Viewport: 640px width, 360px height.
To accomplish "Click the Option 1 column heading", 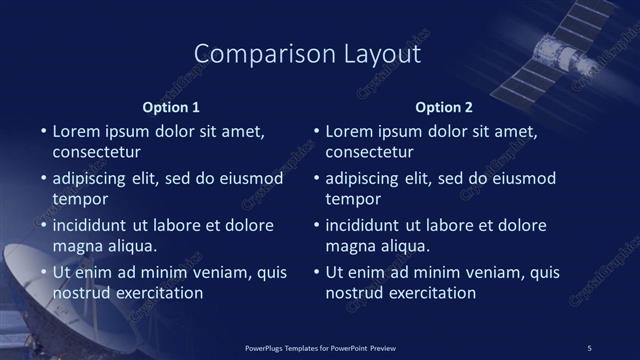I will pyautogui.click(x=173, y=107).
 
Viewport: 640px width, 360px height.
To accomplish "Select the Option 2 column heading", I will pyautogui.click(x=445, y=107).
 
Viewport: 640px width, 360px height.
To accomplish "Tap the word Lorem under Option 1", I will pyautogui.click(x=74, y=131).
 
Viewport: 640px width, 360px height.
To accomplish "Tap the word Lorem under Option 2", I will pyautogui.click(x=347, y=131).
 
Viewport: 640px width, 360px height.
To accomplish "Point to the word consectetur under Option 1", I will pyautogui.click(x=96, y=153).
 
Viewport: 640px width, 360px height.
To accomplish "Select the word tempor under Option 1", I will pyautogui.click(x=78, y=199).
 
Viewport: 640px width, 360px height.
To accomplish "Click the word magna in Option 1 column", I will pyautogui.click(x=75, y=246).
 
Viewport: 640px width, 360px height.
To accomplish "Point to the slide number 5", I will pyautogui.click(x=589, y=347).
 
